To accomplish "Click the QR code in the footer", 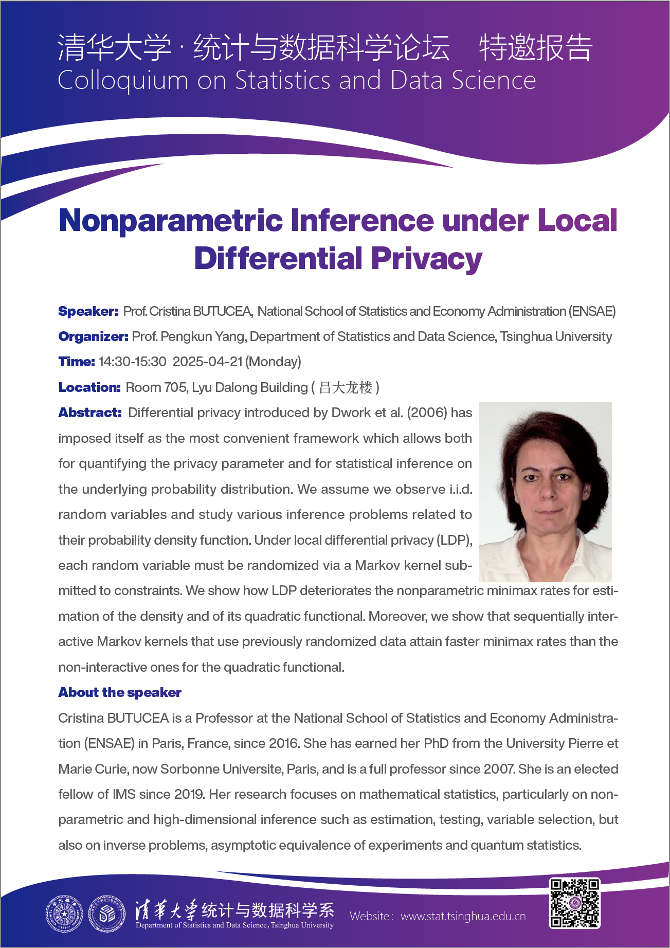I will tap(575, 903).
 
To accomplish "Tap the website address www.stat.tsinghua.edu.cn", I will tap(463, 916).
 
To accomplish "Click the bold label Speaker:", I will tap(88, 311).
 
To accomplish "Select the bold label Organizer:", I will tap(93, 336).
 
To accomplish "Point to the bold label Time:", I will tap(77, 362).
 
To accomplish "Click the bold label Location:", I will tap(89, 387).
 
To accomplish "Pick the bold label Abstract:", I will tap(90, 413).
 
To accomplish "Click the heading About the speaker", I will tap(120, 692).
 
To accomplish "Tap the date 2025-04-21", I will tap(207, 362).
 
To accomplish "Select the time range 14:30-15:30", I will tap(133, 362).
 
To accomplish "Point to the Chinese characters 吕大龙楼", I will tap(346, 387).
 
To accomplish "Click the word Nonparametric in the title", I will tap(171, 220).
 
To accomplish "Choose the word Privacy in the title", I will tap(426, 258).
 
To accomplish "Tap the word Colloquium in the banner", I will tap(123, 81).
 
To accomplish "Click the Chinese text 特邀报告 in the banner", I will tap(536, 47).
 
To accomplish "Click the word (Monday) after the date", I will tap(273, 362).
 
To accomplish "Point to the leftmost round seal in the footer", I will tap(64, 914).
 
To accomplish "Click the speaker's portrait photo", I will tap(545, 492).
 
